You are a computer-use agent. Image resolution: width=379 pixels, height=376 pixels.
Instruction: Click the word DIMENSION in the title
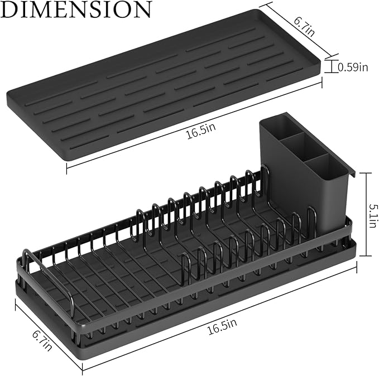(x=76, y=9)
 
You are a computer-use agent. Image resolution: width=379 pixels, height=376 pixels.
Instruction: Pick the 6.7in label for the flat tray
(x=304, y=26)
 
